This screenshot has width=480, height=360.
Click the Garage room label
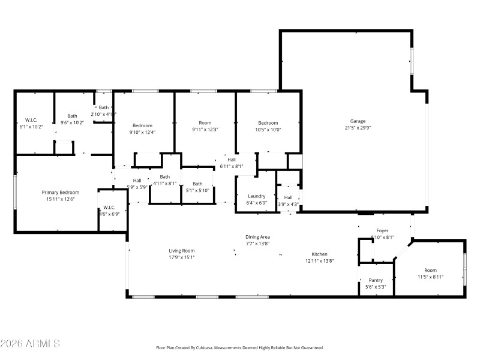pos(358,121)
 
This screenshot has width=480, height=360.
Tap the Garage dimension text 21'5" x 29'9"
pos(358,127)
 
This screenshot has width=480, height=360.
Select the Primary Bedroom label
pos(58,193)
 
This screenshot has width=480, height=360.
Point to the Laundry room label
pos(256,196)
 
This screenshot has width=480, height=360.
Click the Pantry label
pos(375,280)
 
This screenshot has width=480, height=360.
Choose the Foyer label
pos(382,230)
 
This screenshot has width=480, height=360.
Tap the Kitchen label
pos(319,254)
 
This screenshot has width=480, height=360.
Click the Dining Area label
pos(257,237)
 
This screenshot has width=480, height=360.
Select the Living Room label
pos(181,251)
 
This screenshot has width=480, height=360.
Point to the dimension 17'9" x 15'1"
pos(181,257)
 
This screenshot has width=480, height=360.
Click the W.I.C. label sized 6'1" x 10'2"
pos(31,120)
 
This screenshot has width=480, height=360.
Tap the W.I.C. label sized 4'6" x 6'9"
pos(109,208)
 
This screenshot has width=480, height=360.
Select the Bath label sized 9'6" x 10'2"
pos(72,116)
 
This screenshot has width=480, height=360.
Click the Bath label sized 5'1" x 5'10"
pos(197,184)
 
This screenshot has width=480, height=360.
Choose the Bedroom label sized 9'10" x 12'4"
pos(142,125)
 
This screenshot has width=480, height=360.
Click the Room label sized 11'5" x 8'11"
pos(430,270)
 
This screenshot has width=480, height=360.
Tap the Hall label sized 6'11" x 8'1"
pos(231,159)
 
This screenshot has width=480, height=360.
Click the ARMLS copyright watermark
pos(30,344)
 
